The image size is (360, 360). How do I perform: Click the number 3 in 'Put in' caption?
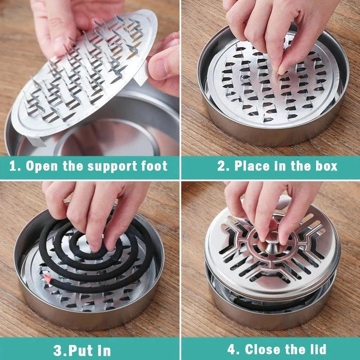[57, 350]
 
